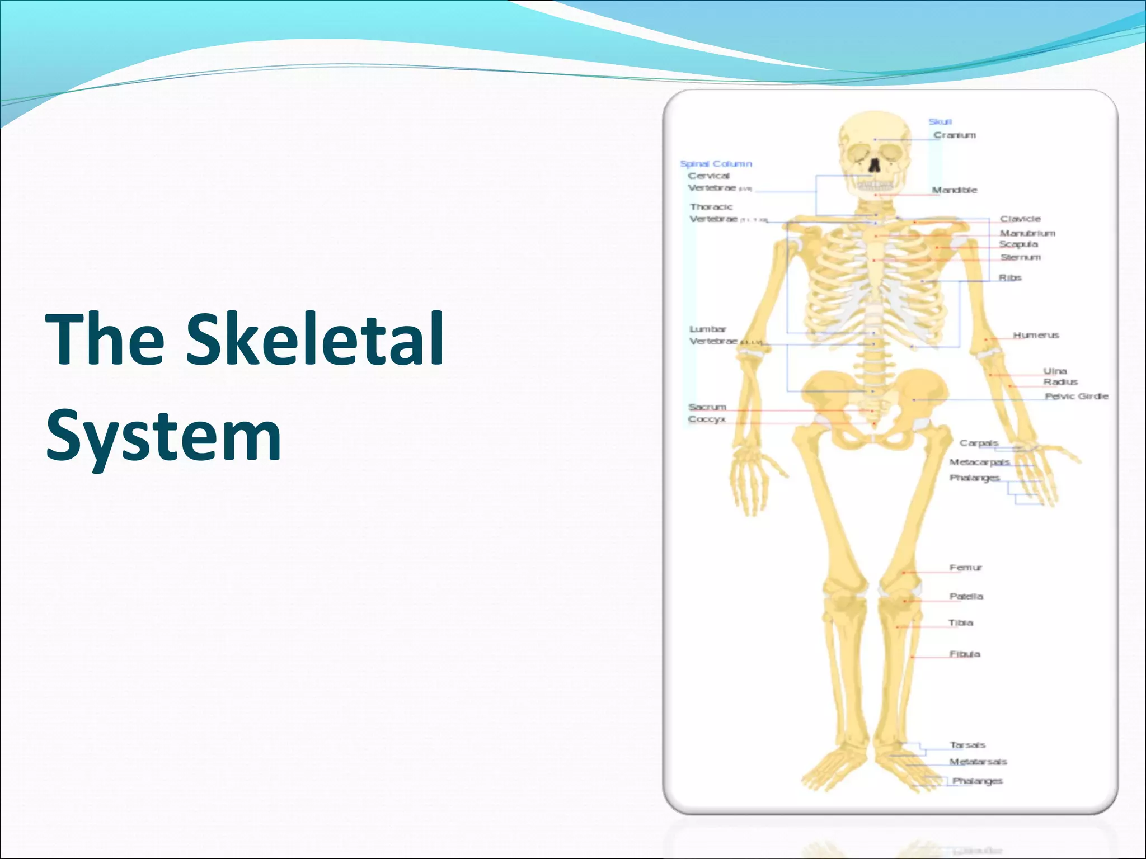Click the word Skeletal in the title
314,339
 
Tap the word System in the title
163,436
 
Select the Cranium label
955,135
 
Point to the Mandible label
955,190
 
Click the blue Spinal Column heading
716,164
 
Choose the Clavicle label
1020,219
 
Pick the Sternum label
1020,257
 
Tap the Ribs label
1010,277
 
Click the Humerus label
1036,335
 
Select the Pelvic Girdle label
1076,396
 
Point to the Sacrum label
707,407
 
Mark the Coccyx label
707,419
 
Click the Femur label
965,568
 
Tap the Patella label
966,596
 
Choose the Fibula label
965,654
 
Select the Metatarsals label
978,762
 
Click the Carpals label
979,443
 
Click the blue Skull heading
940,122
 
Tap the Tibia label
961,622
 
